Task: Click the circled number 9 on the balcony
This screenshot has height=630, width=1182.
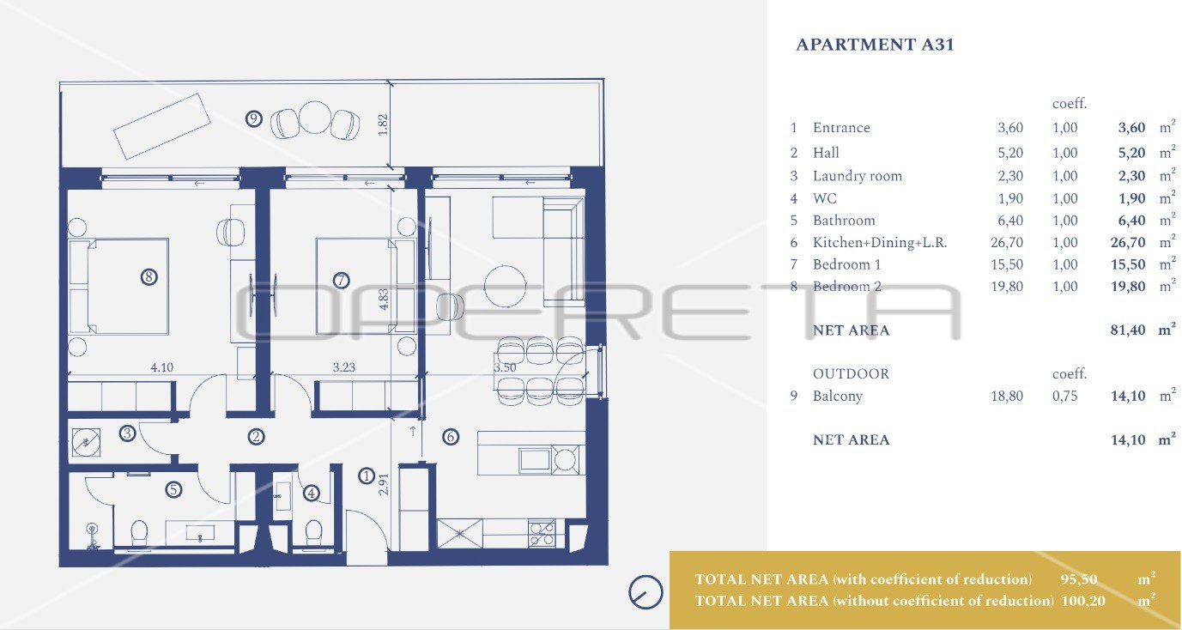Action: (254, 118)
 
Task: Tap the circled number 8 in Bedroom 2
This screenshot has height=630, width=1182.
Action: (149, 276)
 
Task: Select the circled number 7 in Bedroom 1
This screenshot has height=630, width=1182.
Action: (341, 280)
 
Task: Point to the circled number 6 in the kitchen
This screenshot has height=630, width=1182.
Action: (450, 436)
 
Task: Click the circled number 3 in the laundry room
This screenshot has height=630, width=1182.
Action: (127, 433)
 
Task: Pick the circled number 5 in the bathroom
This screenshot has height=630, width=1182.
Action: (173, 489)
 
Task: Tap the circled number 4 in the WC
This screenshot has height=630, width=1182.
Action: (312, 493)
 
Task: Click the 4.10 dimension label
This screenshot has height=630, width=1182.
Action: (161, 367)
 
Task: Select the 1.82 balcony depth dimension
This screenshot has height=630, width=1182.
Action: (383, 124)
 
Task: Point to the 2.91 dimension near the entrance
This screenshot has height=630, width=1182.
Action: (384, 484)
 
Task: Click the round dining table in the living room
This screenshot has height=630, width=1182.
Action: (505, 286)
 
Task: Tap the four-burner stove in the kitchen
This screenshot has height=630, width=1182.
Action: (542, 533)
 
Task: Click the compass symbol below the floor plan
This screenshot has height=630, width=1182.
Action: (646, 592)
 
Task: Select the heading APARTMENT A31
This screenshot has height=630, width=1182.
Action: (875, 45)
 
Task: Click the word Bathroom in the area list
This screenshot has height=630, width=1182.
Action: (844, 220)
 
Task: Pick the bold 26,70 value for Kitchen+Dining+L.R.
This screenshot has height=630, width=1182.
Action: (1128, 242)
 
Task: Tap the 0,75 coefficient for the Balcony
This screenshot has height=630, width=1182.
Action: (1065, 396)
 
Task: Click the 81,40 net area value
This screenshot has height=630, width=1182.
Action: (1128, 330)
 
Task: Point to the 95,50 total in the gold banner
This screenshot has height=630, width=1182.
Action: (1079, 579)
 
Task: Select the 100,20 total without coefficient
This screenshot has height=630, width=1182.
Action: (1083, 601)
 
